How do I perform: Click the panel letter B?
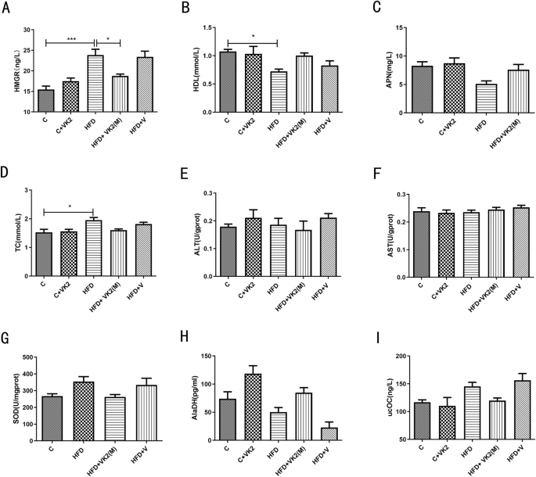(x=185, y=9)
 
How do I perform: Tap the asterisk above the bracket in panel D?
(x=70, y=206)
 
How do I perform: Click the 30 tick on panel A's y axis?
(x=27, y=30)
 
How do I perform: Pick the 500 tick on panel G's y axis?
(x=23, y=357)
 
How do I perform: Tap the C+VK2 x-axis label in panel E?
(x=250, y=294)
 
